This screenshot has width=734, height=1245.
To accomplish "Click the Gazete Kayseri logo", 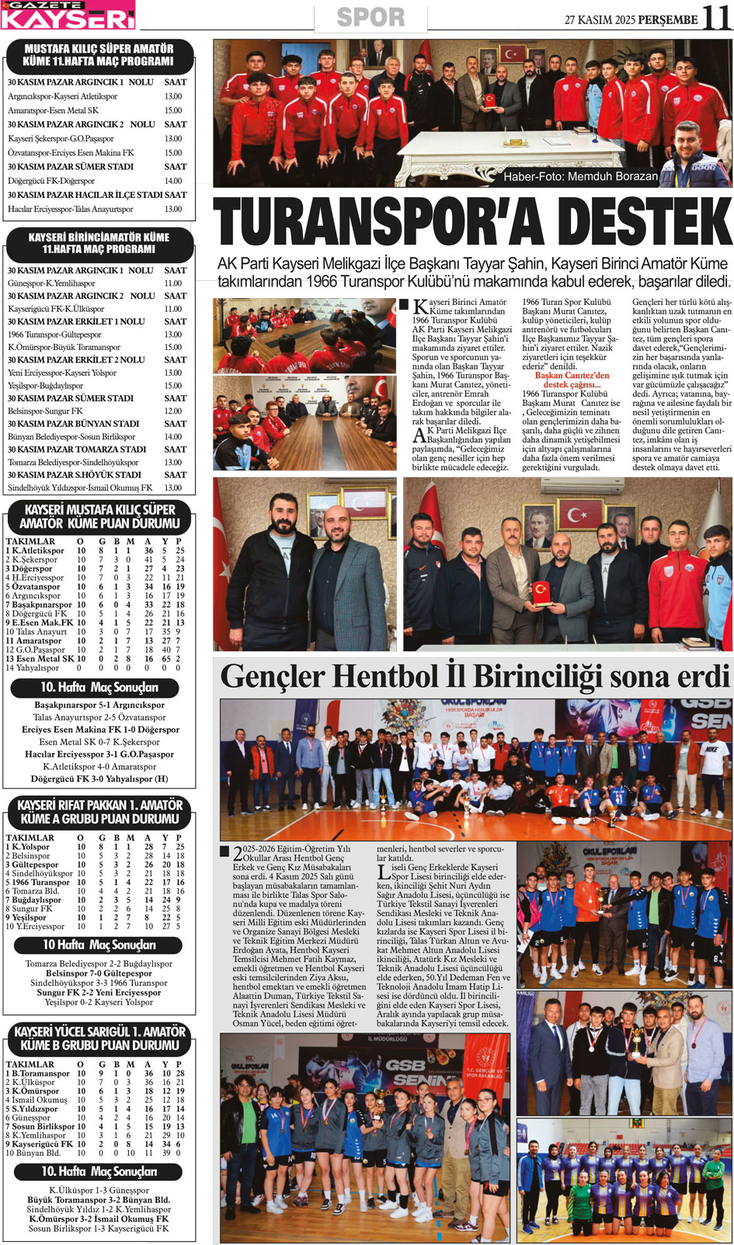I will [68, 16].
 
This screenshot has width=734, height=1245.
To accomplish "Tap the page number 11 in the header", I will [716, 18].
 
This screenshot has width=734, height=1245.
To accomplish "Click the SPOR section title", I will [370, 17].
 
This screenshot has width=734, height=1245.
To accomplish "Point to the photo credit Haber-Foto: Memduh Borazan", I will [580, 177].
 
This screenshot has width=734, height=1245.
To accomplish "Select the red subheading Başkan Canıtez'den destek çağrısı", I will [572, 380].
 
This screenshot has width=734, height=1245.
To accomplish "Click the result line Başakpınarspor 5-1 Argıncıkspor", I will [99, 706].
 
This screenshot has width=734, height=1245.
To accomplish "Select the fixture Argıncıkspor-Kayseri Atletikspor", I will [63, 96].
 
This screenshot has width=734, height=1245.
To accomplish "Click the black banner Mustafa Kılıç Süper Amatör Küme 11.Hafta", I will [99, 55].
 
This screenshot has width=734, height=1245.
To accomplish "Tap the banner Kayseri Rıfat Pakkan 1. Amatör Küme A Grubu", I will [99, 812].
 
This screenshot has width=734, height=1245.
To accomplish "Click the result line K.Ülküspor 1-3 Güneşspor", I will [99, 1190].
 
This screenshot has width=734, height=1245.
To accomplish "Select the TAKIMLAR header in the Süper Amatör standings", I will [30, 541].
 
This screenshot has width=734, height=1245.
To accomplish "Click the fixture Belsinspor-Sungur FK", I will [45, 411].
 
